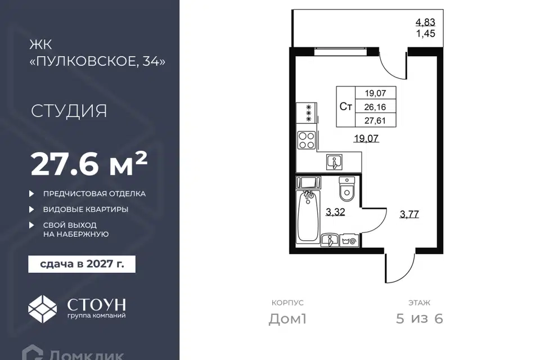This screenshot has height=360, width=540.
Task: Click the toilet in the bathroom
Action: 346,189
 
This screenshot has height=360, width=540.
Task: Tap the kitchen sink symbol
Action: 334,162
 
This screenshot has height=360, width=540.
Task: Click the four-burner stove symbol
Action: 307,141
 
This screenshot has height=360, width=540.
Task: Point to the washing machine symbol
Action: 349,241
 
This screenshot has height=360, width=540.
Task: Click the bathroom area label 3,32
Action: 335,212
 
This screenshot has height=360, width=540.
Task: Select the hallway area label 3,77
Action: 409,214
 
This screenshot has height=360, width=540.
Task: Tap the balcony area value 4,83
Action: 425,22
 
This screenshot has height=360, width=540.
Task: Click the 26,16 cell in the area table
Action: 375,107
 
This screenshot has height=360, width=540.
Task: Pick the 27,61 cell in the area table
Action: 375,120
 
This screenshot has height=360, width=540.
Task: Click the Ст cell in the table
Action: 346,107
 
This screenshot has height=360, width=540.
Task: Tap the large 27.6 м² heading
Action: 89,164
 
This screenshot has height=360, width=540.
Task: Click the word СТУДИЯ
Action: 69,111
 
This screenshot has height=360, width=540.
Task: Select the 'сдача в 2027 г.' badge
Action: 82,264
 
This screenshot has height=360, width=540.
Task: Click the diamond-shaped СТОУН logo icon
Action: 42,309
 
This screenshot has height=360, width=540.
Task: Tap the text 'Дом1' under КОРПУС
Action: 287,319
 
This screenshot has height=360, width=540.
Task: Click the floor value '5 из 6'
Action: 420,319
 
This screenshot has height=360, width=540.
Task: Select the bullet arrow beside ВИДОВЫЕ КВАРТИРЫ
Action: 31,209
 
